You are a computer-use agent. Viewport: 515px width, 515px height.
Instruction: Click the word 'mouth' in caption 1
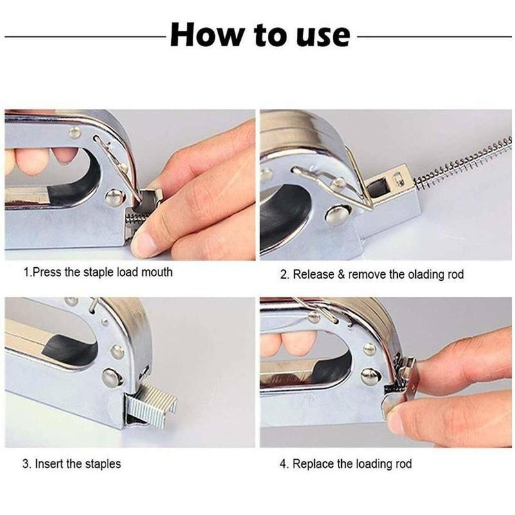click(x=156, y=272)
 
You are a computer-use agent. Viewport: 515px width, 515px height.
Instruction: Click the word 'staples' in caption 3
click(x=103, y=464)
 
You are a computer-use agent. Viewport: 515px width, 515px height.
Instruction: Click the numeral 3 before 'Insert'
click(x=26, y=464)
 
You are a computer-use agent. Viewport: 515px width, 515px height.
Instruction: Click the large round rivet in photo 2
click(x=337, y=214)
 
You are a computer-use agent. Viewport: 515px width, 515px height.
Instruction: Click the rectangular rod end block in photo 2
click(x=391, y=184)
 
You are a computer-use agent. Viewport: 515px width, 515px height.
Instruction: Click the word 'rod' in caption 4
click(x=404, y=464)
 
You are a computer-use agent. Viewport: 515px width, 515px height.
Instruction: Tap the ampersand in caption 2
click(x=341, y=275)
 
